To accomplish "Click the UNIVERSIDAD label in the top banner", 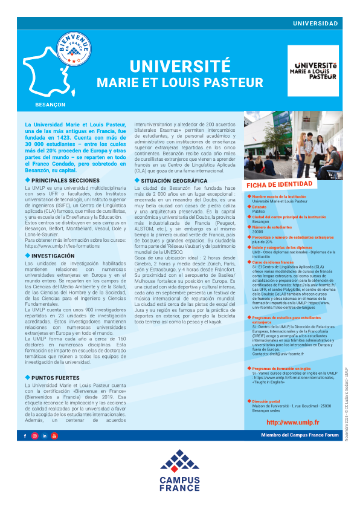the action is [x=315, y=23].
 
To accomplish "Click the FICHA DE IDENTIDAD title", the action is [x=279, y=184].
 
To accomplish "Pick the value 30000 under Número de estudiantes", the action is [x=257, y=232].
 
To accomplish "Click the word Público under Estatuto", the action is [x=258, y=212].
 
